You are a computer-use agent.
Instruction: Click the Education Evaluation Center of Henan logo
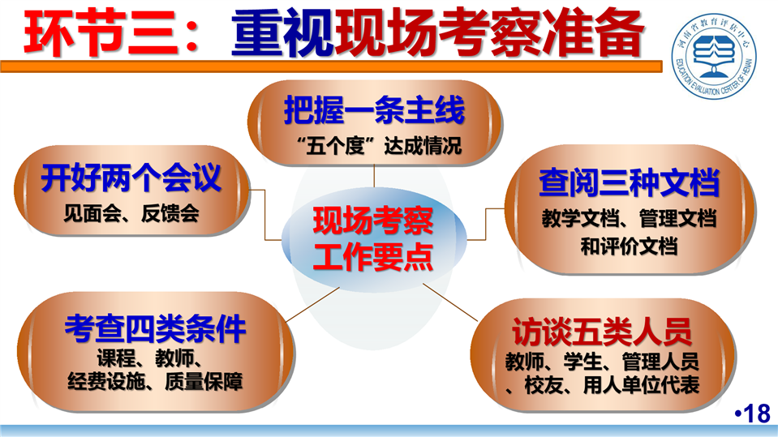(x=714, y=56)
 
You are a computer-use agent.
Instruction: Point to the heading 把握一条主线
(x=374, y=109)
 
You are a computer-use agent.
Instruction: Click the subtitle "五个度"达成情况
(x=379, y=145)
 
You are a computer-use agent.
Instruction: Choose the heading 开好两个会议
(x=131, y=178)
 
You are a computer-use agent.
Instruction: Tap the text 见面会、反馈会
(x=131, y=213)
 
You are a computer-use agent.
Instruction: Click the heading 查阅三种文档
(x=629, y=182)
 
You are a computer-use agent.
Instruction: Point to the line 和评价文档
(x=629, y=246)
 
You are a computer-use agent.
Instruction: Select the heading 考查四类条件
(x=155, y=328)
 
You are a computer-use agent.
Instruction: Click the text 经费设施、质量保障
(x=155, y=381)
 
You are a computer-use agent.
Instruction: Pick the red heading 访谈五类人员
(x=602, y=332)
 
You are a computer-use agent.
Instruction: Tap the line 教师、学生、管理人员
(x=602, y=362)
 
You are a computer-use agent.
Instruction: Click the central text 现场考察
(x=373, y=221)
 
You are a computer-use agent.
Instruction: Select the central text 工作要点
(x=373, y=257)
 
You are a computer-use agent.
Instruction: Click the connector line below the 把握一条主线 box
(x=374, y=177)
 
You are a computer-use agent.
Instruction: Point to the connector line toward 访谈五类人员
(x=450, y=302)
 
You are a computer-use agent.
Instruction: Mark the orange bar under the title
(x=332, y=66)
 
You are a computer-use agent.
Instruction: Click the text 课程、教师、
(x=149, y=358)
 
